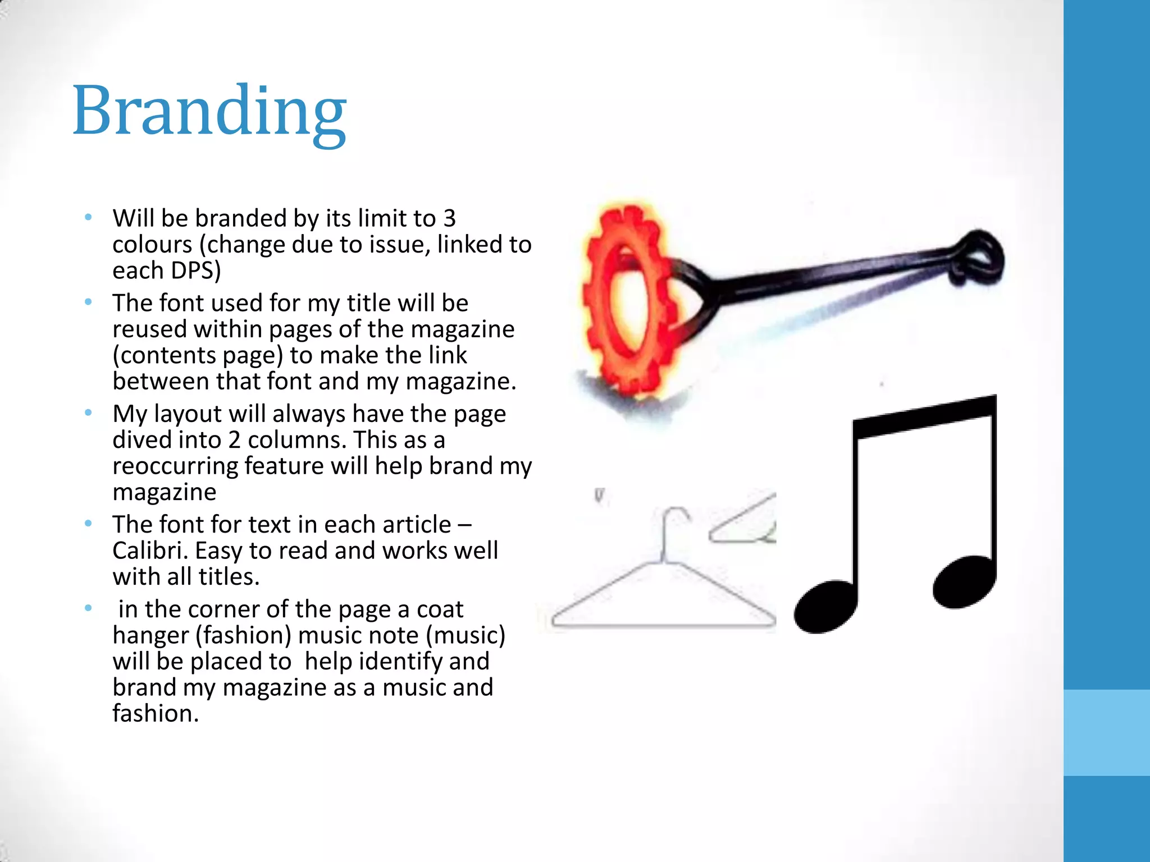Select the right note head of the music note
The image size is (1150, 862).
click(x=964, y=581)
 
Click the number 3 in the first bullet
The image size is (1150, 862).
click(x=449, y=219)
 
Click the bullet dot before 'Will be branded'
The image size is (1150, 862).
click(x=88, y=217)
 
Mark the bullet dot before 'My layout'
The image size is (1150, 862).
click(x=88, y=413)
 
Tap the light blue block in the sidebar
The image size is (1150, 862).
click(x=1106, y=732)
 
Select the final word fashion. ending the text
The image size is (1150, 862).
click(x=156, y=714)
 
